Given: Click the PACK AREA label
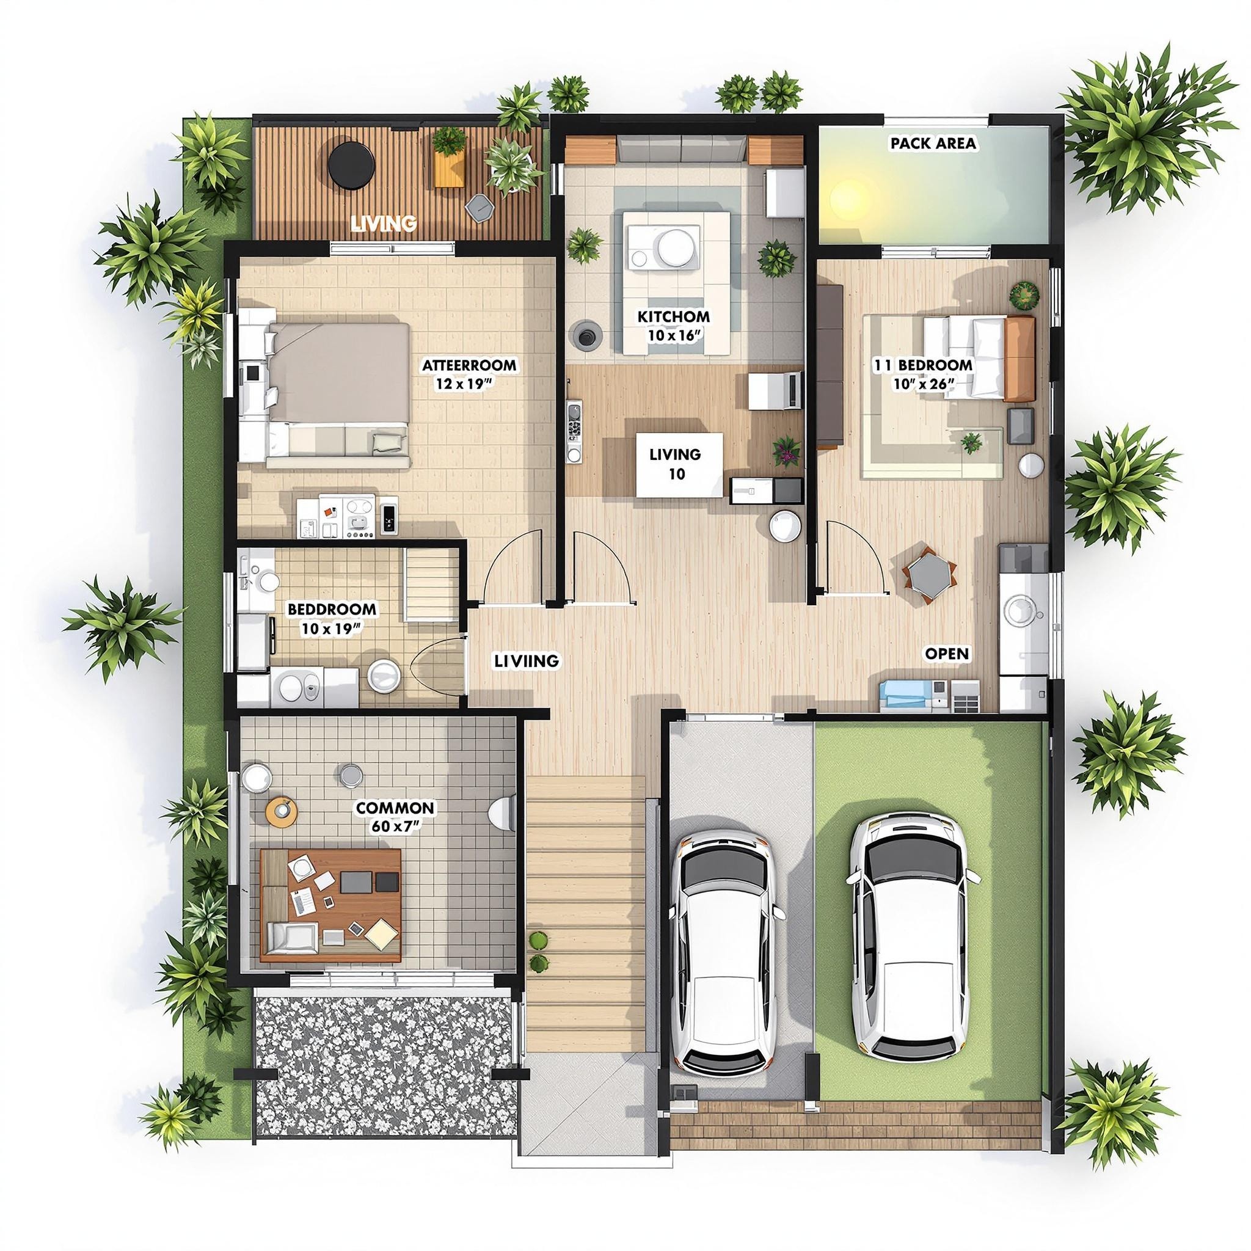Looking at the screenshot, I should coord(932,143).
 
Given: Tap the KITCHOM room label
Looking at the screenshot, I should coord(673,316).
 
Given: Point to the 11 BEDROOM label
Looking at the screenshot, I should coord(923,365).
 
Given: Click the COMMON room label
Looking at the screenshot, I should coord(395,808).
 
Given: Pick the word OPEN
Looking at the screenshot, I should coord(947,654).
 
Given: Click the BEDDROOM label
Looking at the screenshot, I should coord(332,609).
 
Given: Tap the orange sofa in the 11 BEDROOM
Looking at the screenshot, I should coord(1019,358).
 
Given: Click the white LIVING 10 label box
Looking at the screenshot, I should coord(678,464).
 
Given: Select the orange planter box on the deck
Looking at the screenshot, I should coord(450,162).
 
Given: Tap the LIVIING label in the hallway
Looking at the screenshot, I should coord(526,660).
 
